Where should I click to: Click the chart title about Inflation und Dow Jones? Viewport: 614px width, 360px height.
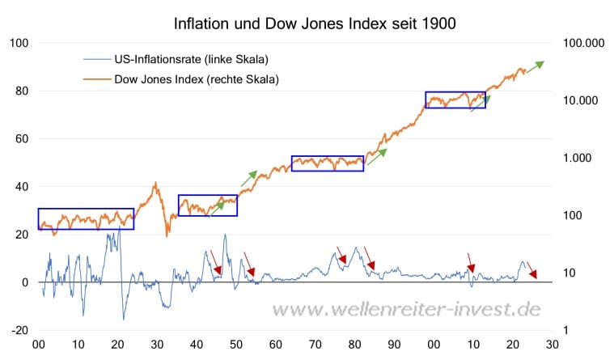point(315,23)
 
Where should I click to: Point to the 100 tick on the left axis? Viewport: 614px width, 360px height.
point(19,43)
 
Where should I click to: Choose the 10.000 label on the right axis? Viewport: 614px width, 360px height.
point(580,100)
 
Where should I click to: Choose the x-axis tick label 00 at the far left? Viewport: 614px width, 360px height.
point(38,345)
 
